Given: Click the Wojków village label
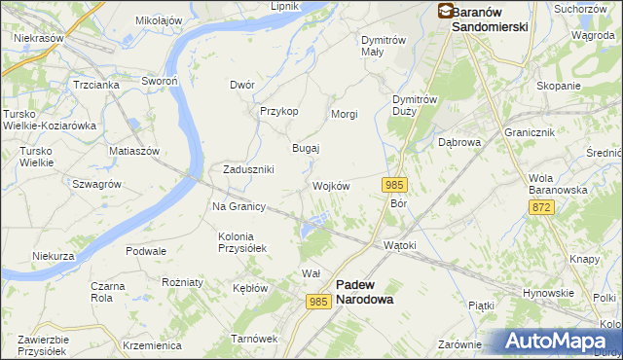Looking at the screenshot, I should click(330, 186).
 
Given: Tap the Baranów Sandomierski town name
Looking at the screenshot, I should click(490, 19).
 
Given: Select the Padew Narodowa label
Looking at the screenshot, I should click(365, 292).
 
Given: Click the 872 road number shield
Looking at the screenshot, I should click(542, 208).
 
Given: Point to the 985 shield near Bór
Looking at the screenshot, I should click(394, 185).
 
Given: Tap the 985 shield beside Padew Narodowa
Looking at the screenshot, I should click(318, 302).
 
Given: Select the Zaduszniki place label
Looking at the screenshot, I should click(248, 169).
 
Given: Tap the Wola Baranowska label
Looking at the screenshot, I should click(558, 184).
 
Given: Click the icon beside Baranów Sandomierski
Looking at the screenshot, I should click(445, 12).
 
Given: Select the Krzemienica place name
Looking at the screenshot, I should click(153, 345).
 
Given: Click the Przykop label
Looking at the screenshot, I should click(278, 111).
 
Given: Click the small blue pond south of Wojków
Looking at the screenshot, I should click(310, 230).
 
